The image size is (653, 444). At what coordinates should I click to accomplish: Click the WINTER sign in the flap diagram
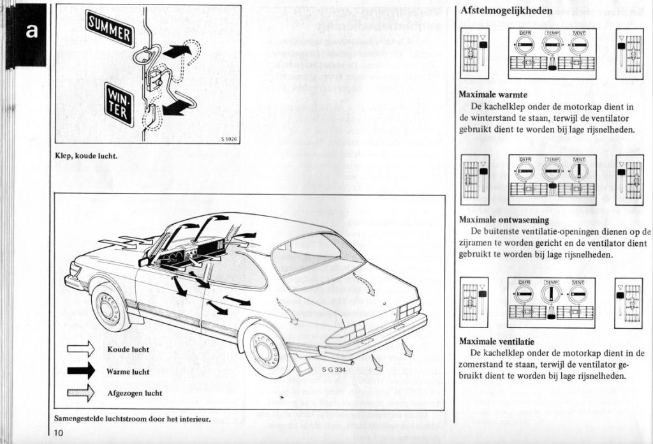tap(119, 103)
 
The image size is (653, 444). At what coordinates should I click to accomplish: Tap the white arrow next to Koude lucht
tap(81, 349)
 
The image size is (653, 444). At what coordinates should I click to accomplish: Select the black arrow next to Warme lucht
tap(81, 371)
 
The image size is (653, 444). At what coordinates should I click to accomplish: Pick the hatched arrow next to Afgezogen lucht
tap(81, 393)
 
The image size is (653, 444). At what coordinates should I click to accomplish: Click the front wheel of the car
tap(110, 308)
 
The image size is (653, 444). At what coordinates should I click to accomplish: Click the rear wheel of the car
tap(267, 348)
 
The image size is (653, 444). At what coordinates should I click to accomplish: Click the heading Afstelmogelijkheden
tap(506, 11)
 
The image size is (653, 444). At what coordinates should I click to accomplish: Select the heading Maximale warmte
tap(493, 95)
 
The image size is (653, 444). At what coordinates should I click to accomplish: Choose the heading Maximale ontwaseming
tap(504, 220)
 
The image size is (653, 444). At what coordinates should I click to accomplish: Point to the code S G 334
tap(334, 369)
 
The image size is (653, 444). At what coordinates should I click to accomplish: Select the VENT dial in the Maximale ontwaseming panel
tap(578, 170)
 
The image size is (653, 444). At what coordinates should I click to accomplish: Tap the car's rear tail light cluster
tap(409, 310)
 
